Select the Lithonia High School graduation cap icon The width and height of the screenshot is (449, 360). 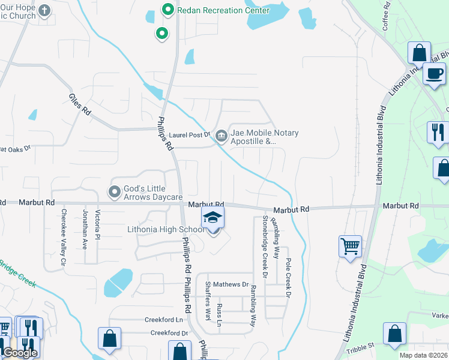tap(212, 218)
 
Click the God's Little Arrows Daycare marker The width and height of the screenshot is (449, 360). tap(115, 192)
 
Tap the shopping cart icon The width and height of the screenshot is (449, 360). tap(351, 245)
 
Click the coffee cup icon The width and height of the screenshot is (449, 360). tap(433, 74)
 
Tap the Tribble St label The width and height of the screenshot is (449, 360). tap(363, 346)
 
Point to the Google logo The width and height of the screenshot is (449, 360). tap(20, 353)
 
